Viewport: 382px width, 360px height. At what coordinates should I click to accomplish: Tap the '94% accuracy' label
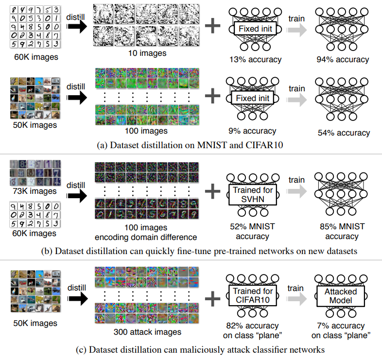pyautogui.click(x=341, y=59)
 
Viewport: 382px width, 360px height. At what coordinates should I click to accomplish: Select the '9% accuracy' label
pyautogui.click(x=252, y=131)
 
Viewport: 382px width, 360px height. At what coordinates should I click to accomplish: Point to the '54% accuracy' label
pyautogui.click(x=344, y=133)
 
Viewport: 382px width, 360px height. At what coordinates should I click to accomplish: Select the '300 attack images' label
pyautogui.click(x=146, y=332)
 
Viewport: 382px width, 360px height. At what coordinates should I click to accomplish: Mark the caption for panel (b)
pyautogui.click(x=191, y=251)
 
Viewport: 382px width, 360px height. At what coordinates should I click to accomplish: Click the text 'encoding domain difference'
pyautogui.click(x=146, y=237)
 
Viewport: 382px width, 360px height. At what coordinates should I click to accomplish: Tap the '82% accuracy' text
pyautogui.click(x=252, y=326)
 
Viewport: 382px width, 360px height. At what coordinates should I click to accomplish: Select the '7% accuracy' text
pyautogui.click(x=341, y=326)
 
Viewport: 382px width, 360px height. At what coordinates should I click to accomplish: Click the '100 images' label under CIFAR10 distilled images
pyautogui.click(x=146, y=131)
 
